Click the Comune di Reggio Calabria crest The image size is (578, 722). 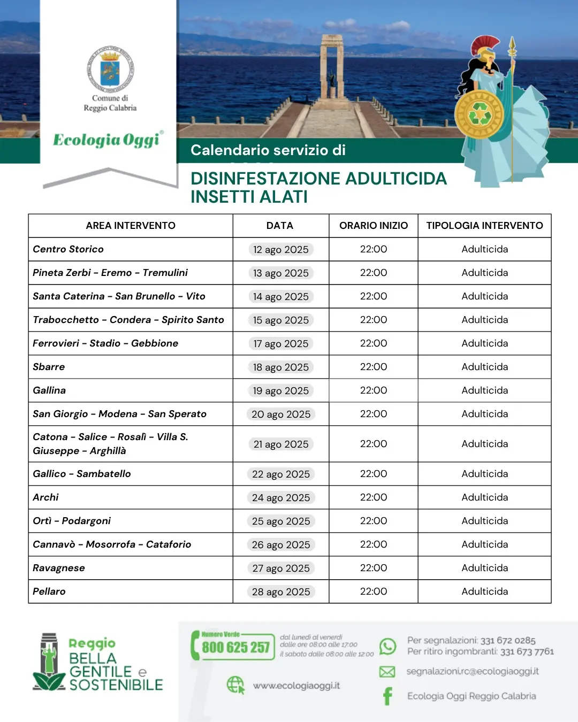click(110, 69)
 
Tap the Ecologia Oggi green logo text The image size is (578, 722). click(107, 140)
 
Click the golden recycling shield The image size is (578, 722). click(479, 114)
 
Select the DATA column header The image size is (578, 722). click(280, 226)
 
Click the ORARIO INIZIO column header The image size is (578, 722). click(374, 226)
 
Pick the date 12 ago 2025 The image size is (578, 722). click(281, 250)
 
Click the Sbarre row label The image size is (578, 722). click(49, 367)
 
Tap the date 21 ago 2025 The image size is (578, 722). click(281, 444)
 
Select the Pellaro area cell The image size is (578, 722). click(49, 592)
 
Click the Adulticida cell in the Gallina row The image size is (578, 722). click(485, 390)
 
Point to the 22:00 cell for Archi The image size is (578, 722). click(374, 497)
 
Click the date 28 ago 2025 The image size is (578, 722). click(281, 592)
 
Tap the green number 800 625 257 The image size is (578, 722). click(235, 648)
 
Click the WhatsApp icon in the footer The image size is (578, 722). click(387, 646)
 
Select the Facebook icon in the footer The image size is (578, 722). click(387, 696)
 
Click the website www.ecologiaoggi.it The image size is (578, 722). click(296, 686)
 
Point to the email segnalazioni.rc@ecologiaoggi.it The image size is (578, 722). click(473, 671)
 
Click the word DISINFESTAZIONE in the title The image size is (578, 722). click(267, 179)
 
